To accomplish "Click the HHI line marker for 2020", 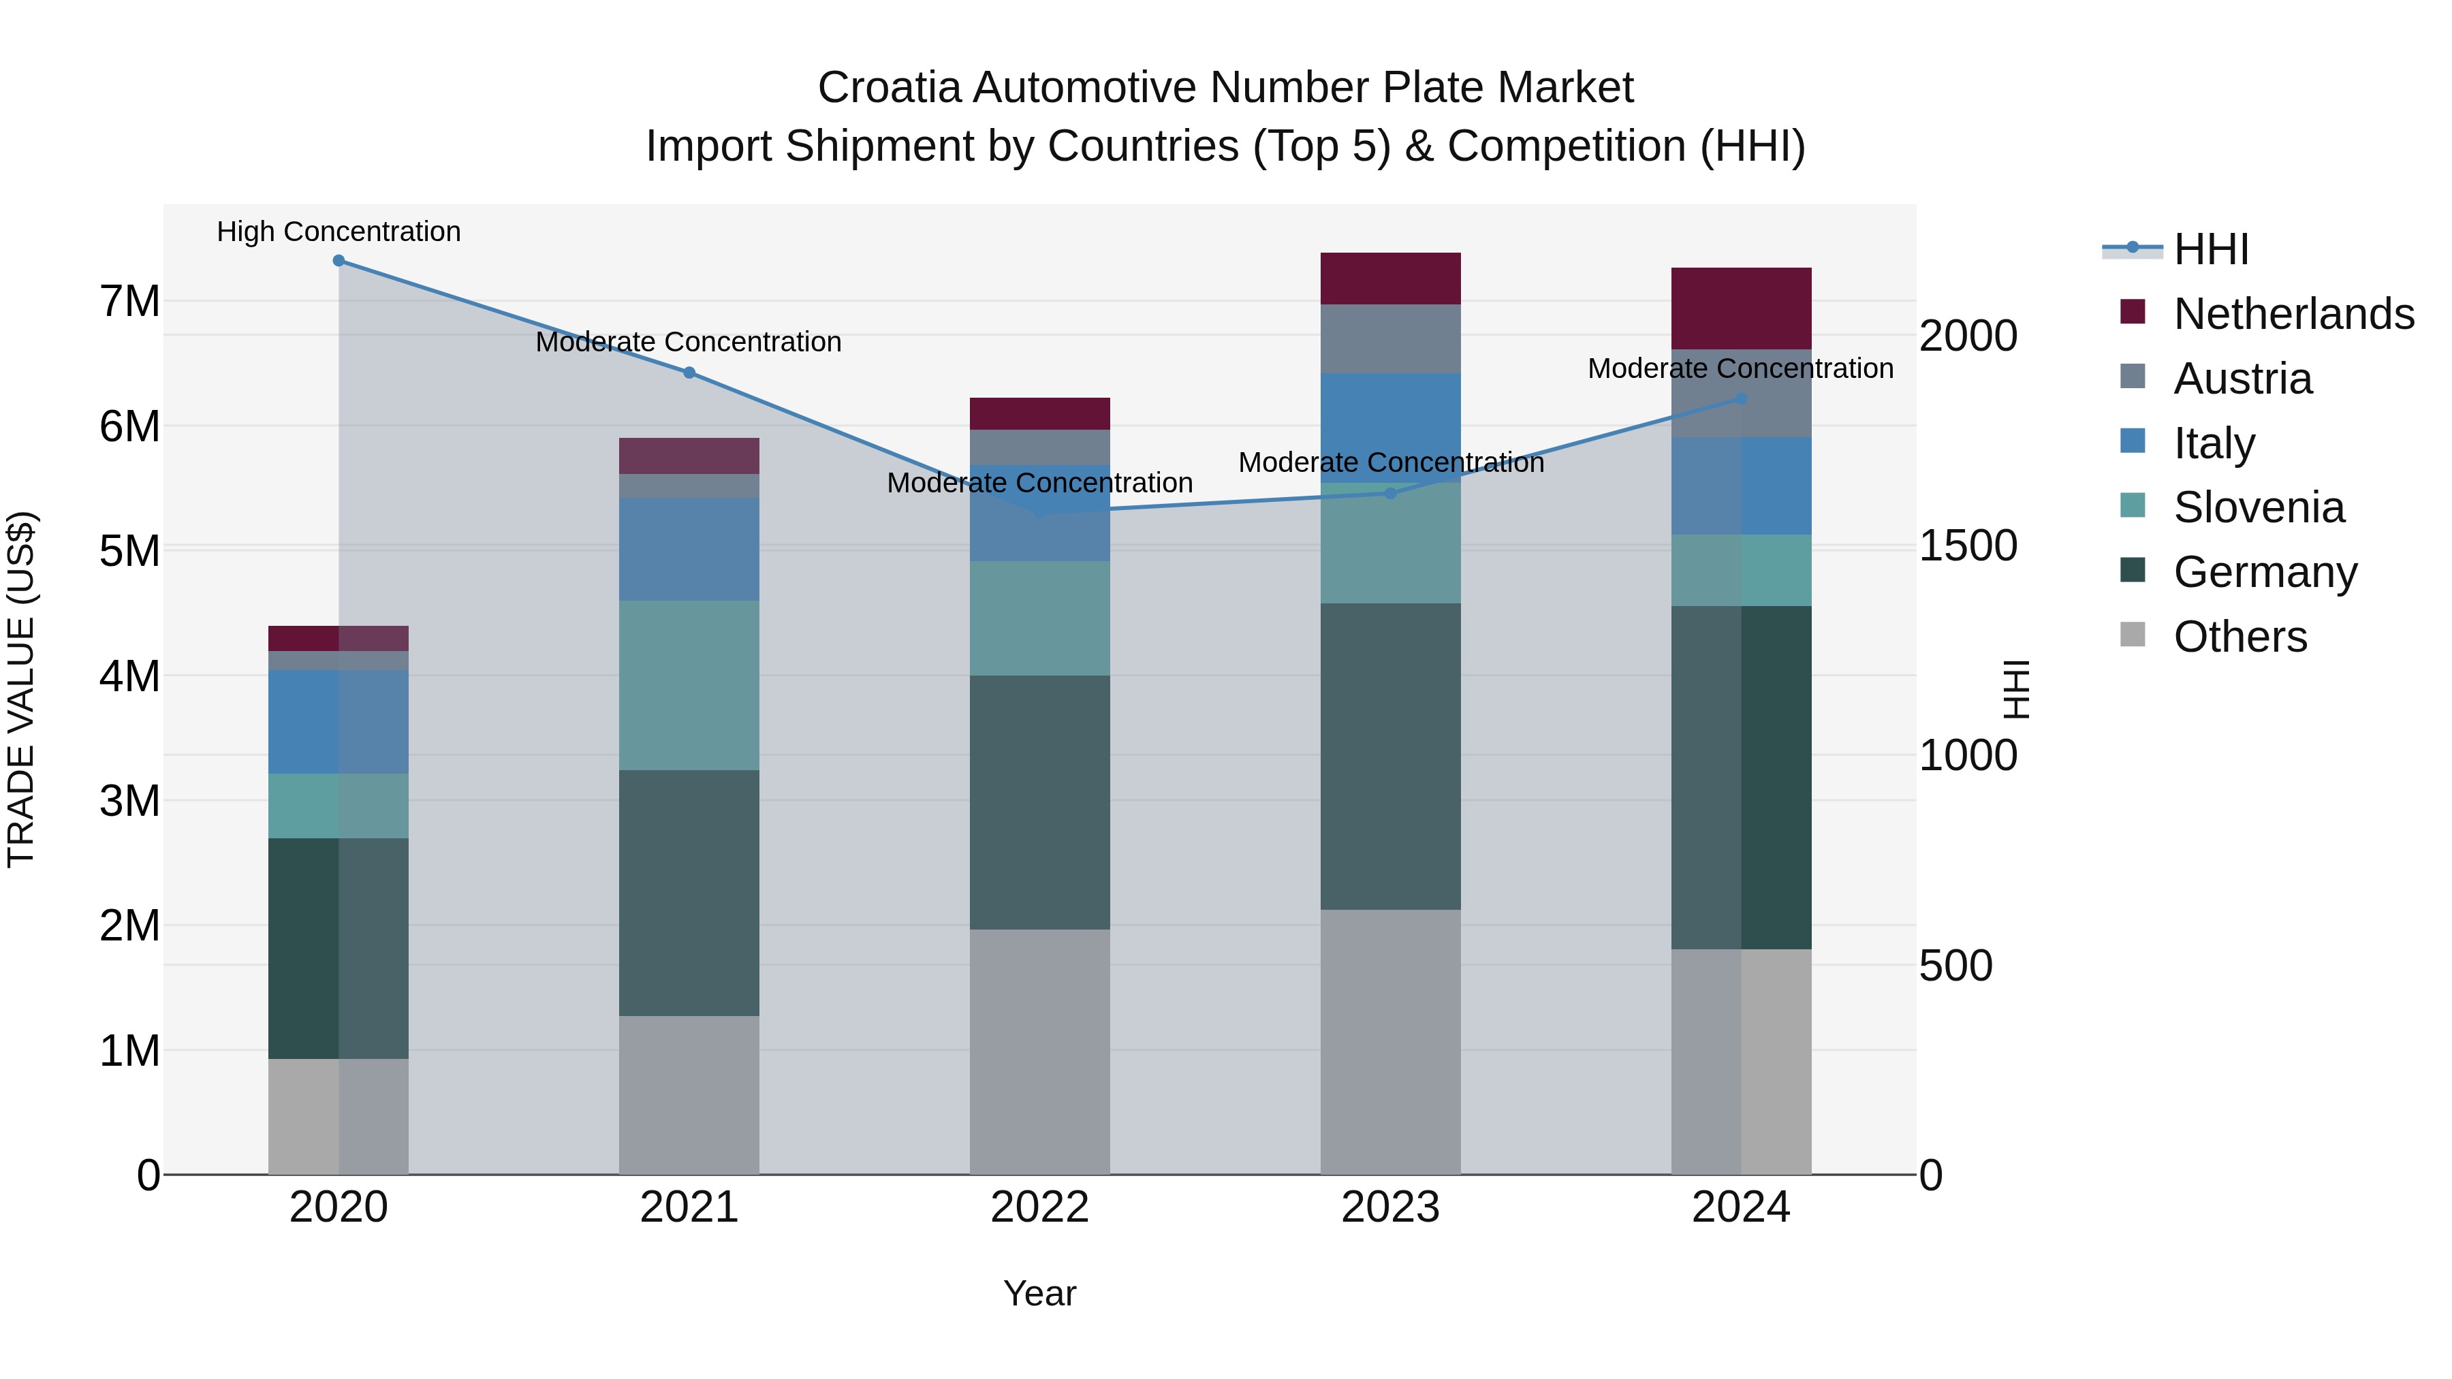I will point(339,261).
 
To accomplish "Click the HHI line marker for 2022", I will point(1039,511).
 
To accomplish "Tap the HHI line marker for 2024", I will point(1741,399).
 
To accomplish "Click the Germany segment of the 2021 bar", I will point(689,893).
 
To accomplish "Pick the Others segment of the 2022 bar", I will point(1039,1051).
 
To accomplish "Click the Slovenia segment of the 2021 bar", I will point(689,685).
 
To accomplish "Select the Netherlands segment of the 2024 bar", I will point(1741,308).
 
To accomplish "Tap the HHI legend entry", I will point(2210,249).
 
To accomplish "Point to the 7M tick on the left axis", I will point(129,302).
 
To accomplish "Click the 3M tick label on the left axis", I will point(129,802).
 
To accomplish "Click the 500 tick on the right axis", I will point(1955,966).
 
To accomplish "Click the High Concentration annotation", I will point(339,232).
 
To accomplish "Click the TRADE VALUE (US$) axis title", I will point(21,689).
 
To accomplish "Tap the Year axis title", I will point(1039,1293).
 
